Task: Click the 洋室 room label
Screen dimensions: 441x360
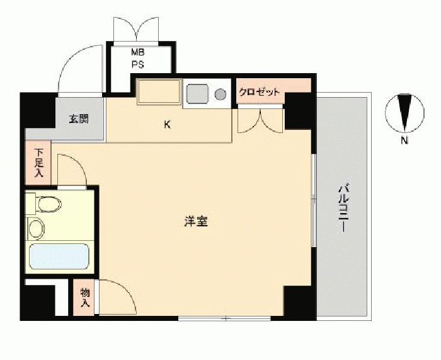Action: [x=196, y=221]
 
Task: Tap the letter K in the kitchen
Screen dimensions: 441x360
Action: [x=168, y=124]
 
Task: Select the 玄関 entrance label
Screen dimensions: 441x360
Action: [x=79, y=119]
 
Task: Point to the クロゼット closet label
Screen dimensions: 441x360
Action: [x=260, y=92]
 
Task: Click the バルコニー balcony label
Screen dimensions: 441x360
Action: [x=343, y=207]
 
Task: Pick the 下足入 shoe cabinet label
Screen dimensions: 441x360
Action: [x=38, y=163]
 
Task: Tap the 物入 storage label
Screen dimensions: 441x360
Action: [x=84, y=297]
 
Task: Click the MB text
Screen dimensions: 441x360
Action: [x=138, y=52]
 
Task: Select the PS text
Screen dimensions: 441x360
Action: [x=138, y=64]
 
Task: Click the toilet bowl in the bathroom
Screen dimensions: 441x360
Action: [x=49, y=204]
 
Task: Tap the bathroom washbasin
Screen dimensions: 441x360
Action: [x=37, y=228]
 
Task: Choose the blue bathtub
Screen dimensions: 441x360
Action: [x=59, y=257]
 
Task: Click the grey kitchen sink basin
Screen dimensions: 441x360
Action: [x=197, y=94]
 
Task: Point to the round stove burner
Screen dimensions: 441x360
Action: [x=220, y=94]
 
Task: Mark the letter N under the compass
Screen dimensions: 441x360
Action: [x=404, y=140]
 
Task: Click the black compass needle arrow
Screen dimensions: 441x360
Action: [x=404, y=112]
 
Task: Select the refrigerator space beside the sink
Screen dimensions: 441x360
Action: [x=159, y=92]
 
